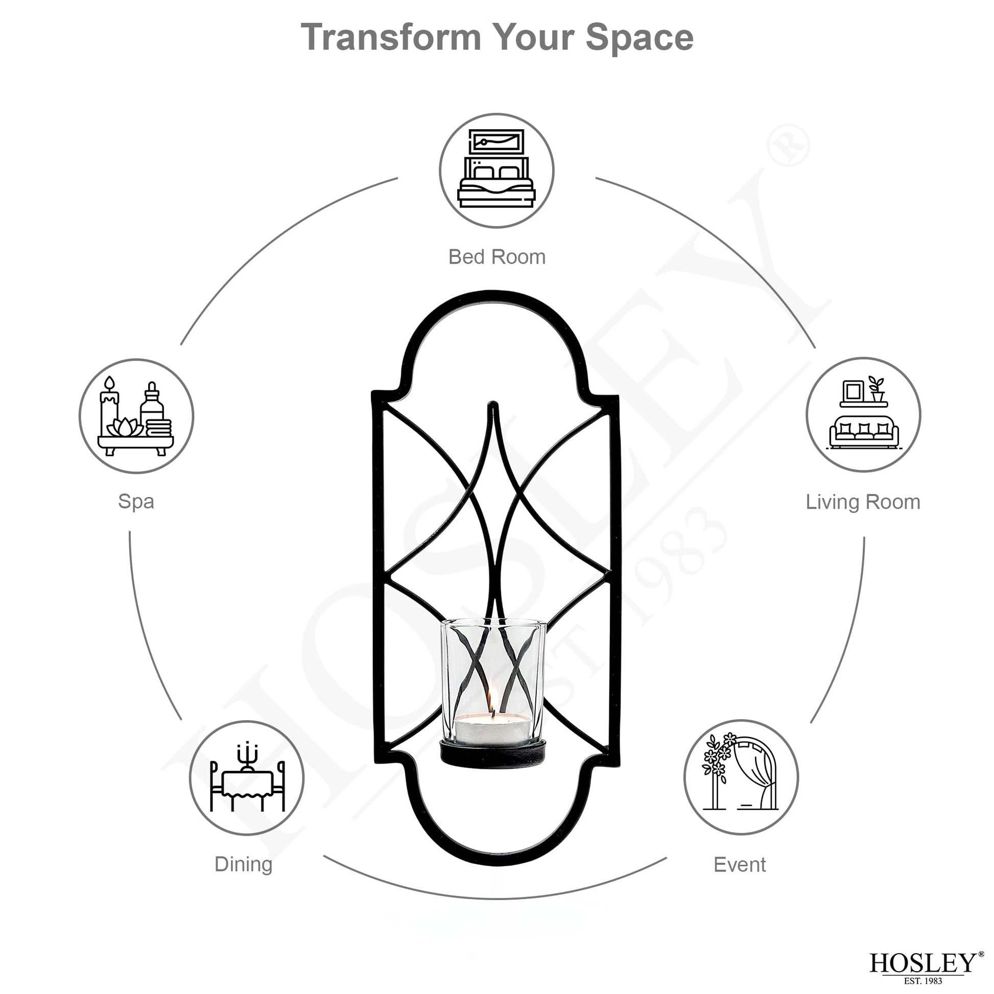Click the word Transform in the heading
pos(392,37)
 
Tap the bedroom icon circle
pos(496,170)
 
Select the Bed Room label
pos(496,257)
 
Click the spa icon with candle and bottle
pos(136,416)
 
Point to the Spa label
pos(136,502)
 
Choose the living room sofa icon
pos(863,414)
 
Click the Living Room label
pos(863,502)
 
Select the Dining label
pos(243,864)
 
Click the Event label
pos(740,865)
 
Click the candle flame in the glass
pos(490,701)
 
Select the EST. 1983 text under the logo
pos(923,981)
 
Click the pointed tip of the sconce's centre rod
pos(492,404)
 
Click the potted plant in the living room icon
pos(876,389)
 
